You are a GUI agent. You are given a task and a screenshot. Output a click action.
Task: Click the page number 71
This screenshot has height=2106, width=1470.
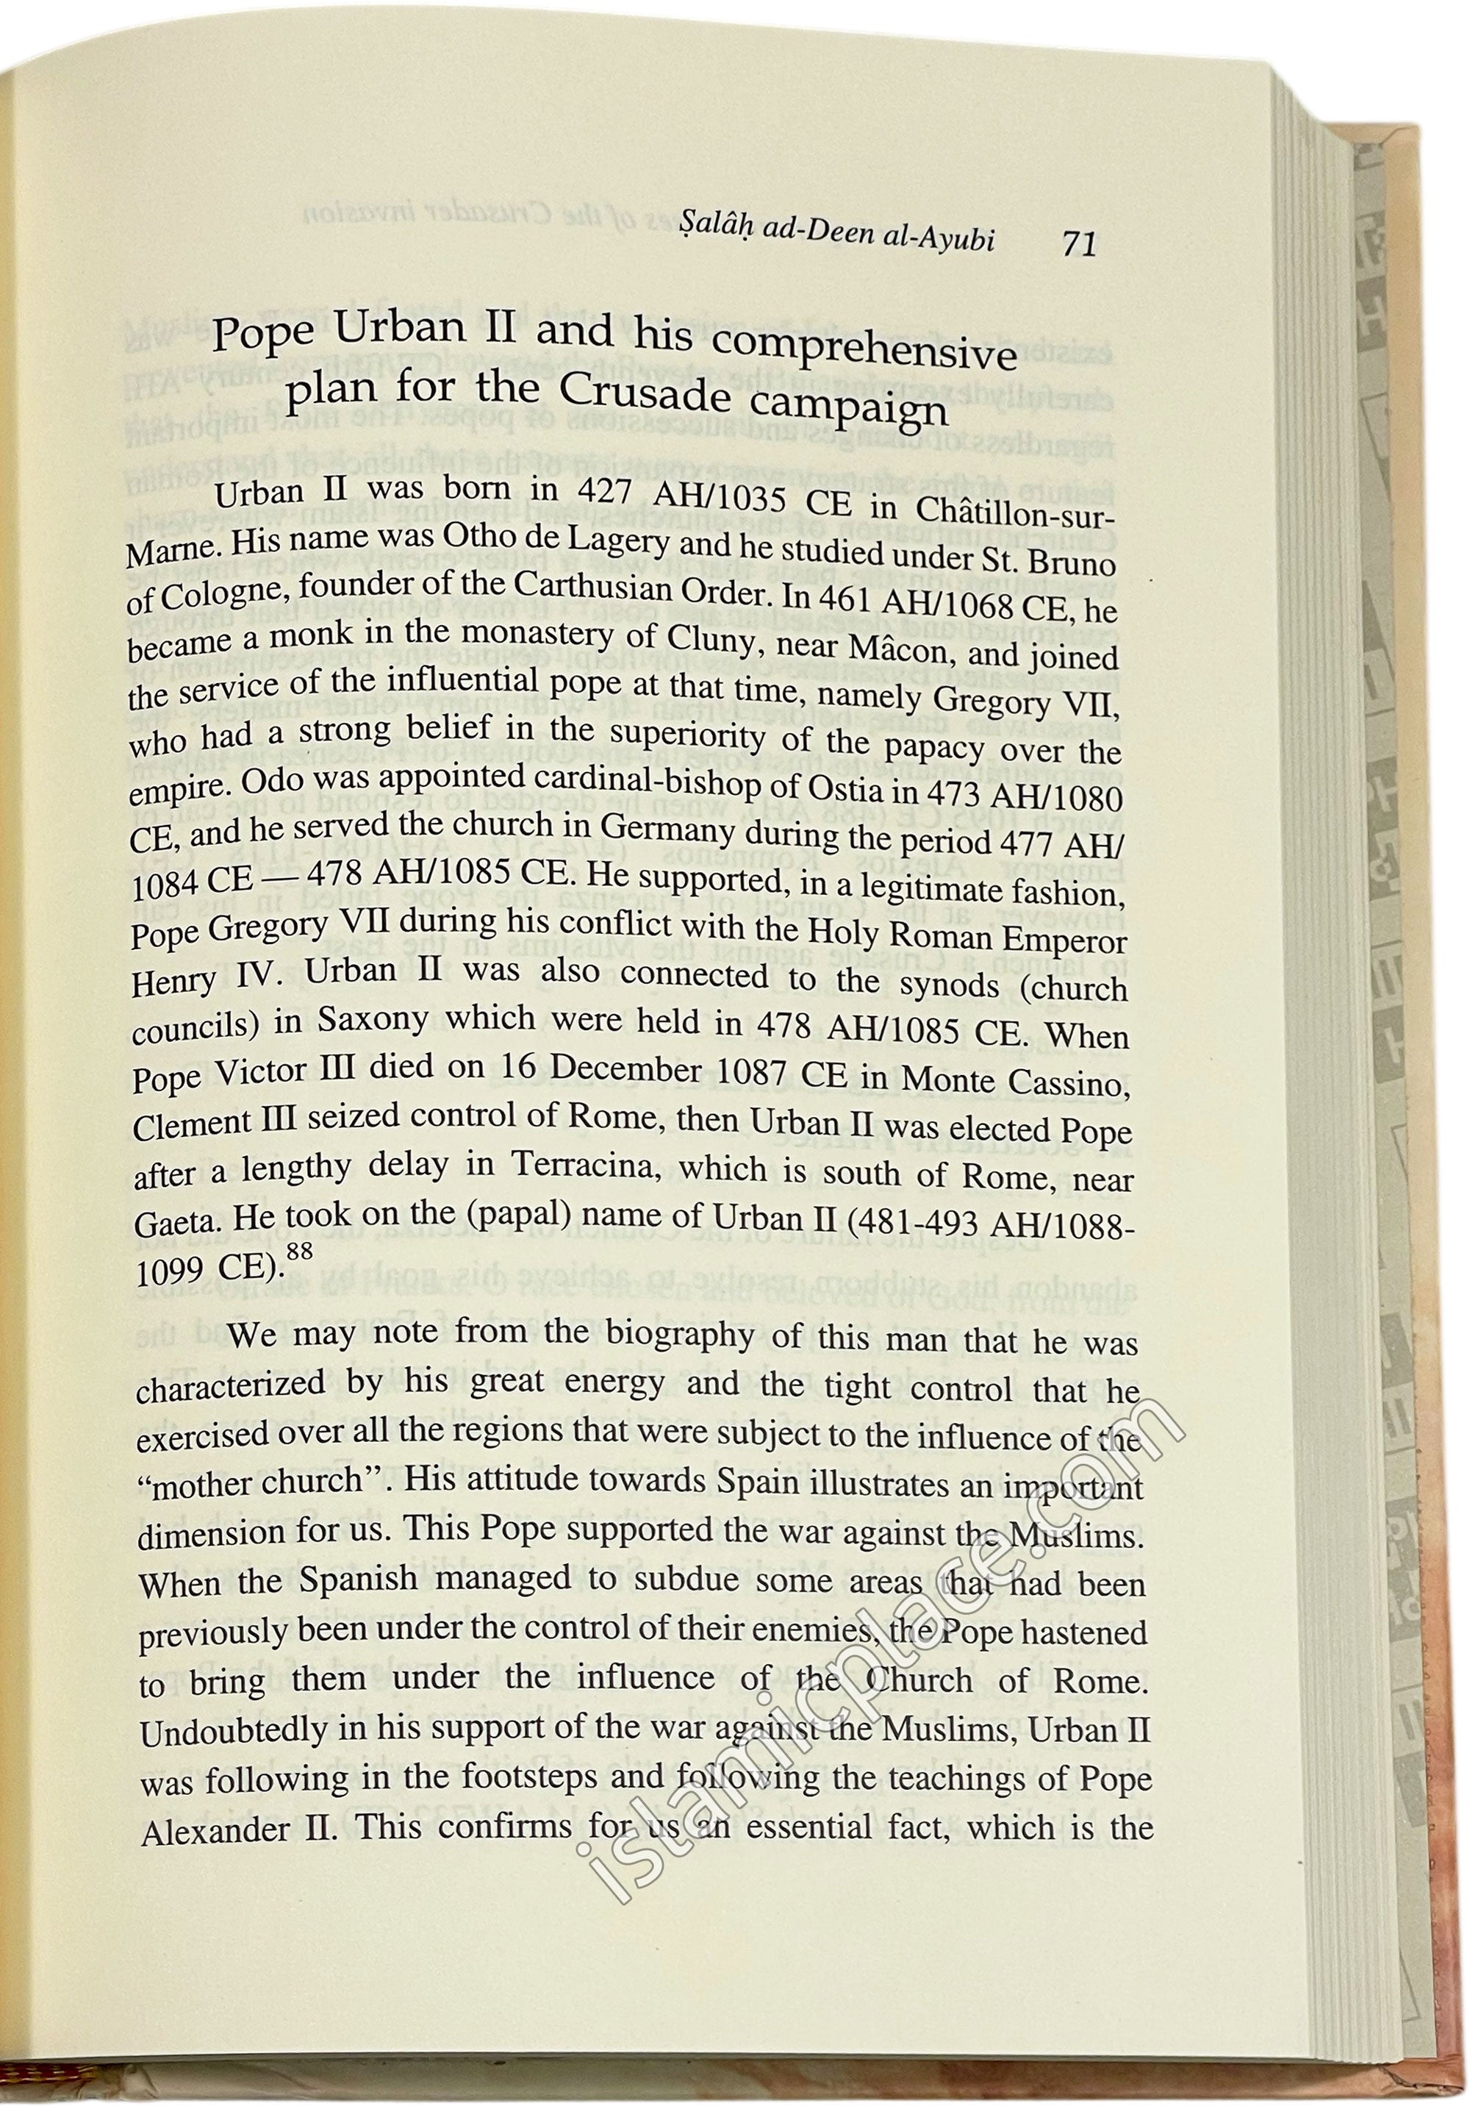pyautogui.click(x=1078, y=244)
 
